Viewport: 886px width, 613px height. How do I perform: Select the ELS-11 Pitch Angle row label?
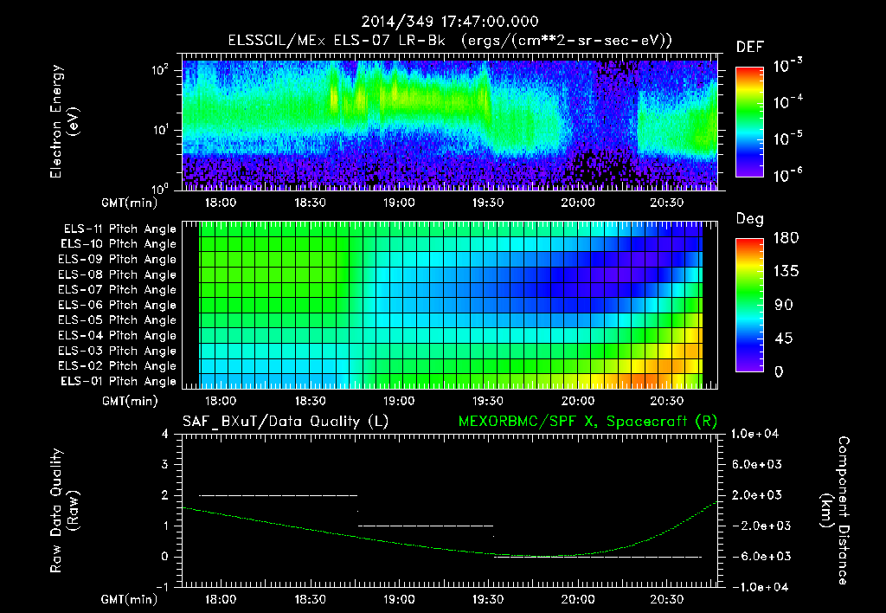tap(119, 229)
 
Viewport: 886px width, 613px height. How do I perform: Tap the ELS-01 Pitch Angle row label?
tap(119, 382)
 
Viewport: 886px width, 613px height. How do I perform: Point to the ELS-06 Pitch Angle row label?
tap(119, 306)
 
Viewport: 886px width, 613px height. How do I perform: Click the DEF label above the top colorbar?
tap(749, 47)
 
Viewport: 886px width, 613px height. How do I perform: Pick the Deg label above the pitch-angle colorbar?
tap(749, 219)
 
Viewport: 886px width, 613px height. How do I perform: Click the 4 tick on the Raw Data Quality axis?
tap(164, 434)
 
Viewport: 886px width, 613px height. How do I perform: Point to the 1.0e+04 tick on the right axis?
tap(757, 434)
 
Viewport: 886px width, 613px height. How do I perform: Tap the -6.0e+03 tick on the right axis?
tap(757, 557)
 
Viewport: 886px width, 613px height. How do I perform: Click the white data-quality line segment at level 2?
tap(278, 495)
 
